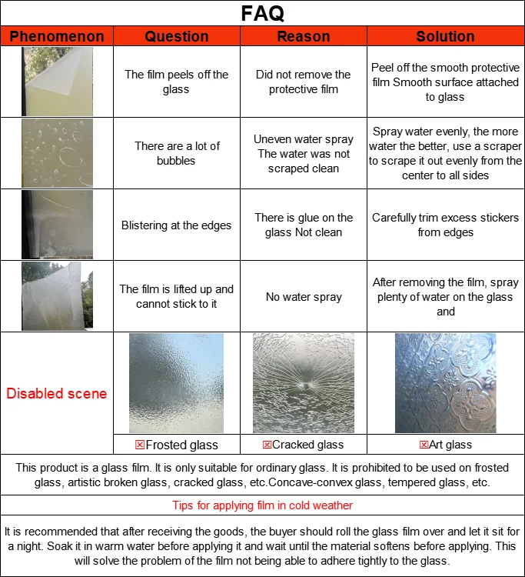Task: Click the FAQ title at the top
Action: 262,13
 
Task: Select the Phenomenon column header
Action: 57,36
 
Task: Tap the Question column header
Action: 177,36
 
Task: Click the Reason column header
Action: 304,36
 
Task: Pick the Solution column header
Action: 445,36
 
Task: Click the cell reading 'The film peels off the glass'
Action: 177,82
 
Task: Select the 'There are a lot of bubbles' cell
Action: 177,153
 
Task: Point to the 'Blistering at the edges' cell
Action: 177,225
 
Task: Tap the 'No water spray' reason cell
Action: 304,297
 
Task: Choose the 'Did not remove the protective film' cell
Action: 304,82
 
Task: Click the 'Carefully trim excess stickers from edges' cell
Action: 445,225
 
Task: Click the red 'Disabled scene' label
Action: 57,393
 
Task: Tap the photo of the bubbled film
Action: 57,153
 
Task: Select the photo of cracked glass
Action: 304,383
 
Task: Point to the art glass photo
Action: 445,383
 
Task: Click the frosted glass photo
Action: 177,383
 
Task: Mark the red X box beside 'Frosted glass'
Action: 140,445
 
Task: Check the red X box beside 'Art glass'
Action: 424,445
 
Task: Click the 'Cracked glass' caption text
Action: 308,445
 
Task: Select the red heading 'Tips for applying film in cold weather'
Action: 263,505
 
